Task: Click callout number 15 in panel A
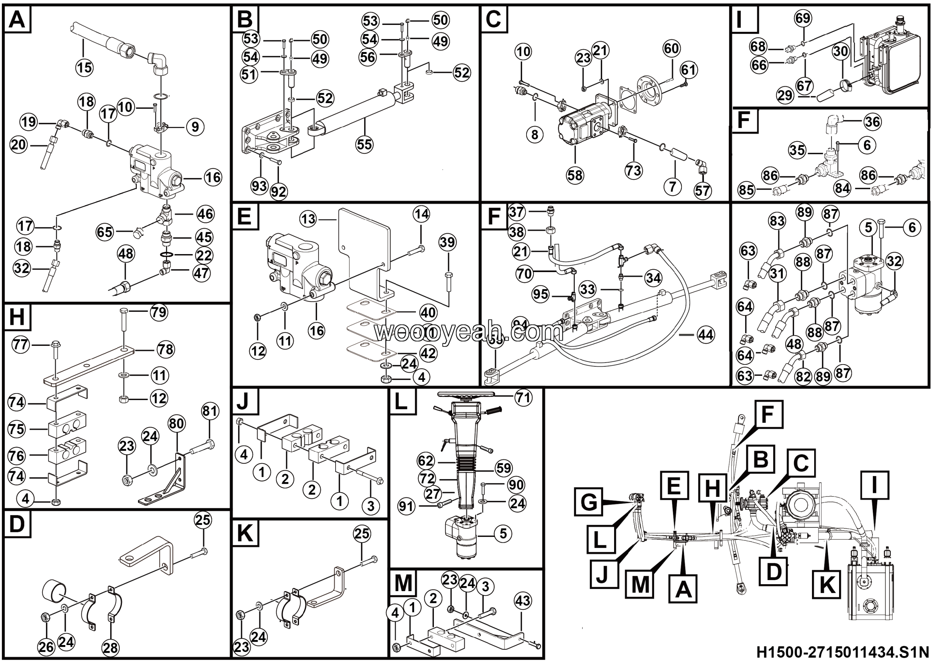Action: pyautogui.click(x=85, y=67)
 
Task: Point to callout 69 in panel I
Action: pyautogui.click(x=803, y=18)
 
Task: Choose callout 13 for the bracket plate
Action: pyautogui.click(x=308, y=219)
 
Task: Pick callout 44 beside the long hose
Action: pyautogui.click(x=706, y=335)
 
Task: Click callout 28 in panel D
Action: pyautogui.click(x=110, y=648)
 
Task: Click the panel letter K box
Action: pyautogui.click(x=245, y=534)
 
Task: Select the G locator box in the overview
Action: pyautogui.click(x=588, y=502)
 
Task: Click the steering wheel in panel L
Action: pyautogui.click(x=466, y=394)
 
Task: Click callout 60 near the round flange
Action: pyautogui.click(x=671, y=48)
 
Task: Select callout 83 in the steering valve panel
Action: pyautogui.click(x=777, y=221)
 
